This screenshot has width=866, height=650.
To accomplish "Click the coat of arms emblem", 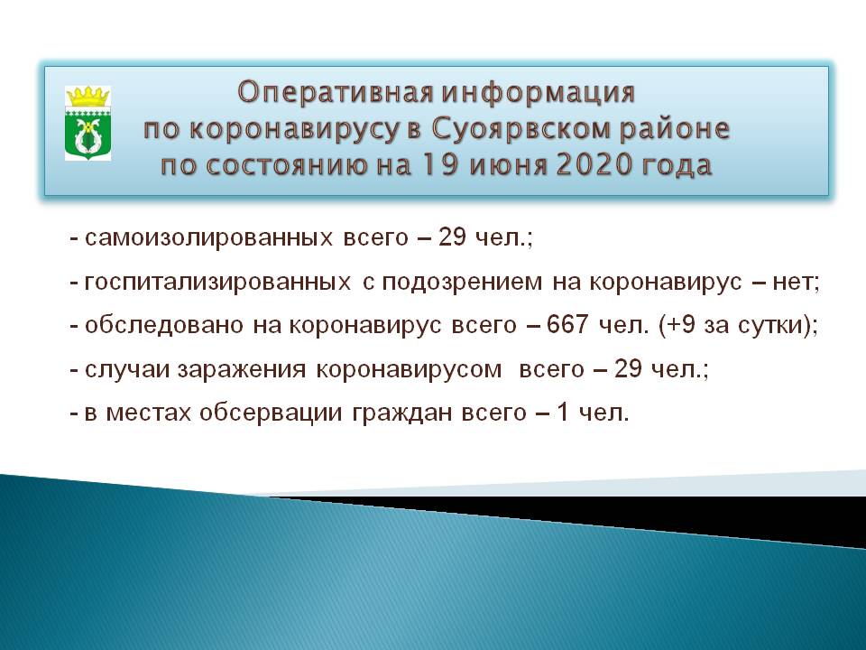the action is pyautogui.click(x=88, y=123).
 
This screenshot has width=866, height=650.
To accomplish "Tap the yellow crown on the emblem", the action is pyautogui.click(x=88, y=97).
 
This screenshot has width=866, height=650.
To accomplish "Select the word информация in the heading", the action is pyautogui.click(x=538, y=93).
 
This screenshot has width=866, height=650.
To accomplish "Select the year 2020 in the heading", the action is pyautogui.click(x=594, y=165).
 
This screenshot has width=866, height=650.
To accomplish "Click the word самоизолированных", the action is pyautogui.click(x=208, y=238).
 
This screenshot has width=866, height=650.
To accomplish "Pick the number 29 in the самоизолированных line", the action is pyautogui.click(x=452, y=237).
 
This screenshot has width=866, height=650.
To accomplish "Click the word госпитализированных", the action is pyautogui.click(x=217, y=283).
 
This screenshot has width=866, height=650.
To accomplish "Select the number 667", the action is pyautogui.click(x=567, y=324).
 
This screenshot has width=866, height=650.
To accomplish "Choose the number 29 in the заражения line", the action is pyautogui.click(x=629, y=368).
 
